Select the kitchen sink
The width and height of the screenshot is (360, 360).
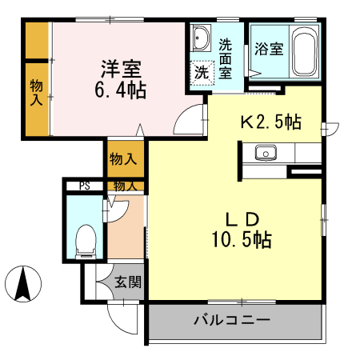[266, 153]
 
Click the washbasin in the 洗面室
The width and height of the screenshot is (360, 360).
[202, 38]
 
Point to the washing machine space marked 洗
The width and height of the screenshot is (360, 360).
[202, 73]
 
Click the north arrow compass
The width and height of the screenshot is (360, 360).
[23, 284]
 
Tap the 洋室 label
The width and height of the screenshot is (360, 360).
[121, 69]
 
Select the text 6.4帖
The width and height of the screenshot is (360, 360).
[121, 90]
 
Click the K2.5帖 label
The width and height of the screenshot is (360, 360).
[271, 122]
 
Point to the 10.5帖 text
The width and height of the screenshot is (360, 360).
[242, 239]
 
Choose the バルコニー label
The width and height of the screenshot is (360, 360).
[232, 319]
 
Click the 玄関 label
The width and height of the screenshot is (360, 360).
[128, 282]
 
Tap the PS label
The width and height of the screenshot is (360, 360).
[85, 186]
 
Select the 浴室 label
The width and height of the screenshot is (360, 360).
[269, 49]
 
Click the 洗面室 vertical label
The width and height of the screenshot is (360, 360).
[226, 58]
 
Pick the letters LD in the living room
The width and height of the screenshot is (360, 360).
[242, 220]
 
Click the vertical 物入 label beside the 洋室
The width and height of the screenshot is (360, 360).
[36, 92]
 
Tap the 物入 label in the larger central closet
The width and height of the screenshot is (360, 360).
[123, 159]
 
